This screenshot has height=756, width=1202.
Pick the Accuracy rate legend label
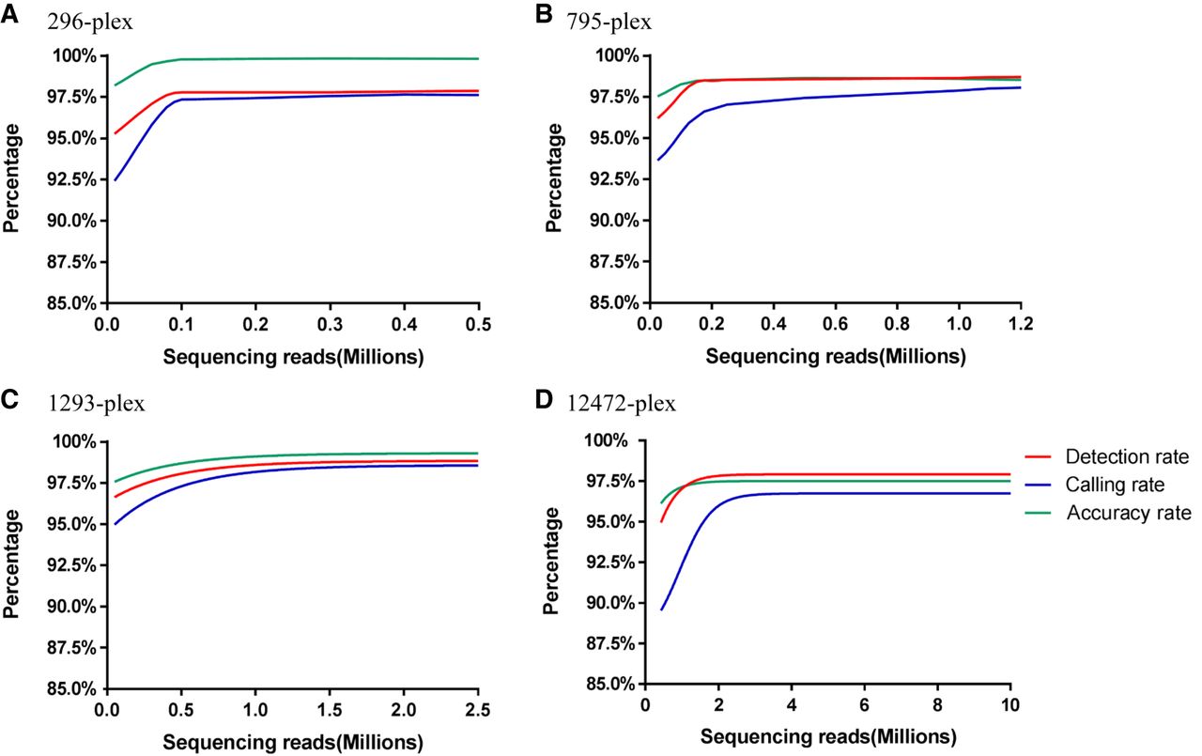point(1129,513)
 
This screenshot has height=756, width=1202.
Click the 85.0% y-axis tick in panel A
point(69,303)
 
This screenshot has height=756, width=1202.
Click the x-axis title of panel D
point(827,733)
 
